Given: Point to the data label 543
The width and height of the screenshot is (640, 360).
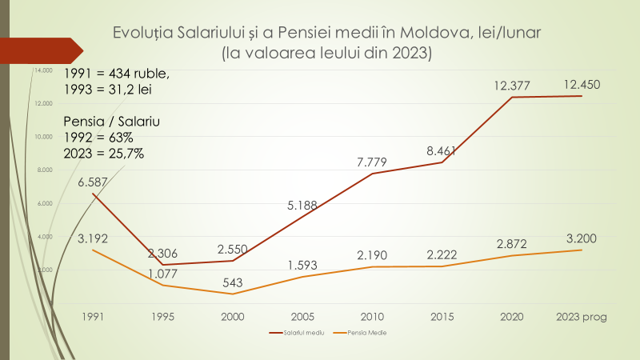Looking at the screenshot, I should pos(232,281).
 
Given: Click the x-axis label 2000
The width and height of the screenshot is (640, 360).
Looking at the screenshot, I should pos(232,316).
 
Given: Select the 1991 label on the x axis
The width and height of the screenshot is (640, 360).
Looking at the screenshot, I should pos(93,316).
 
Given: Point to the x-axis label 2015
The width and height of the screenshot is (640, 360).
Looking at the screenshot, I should pos(441,316).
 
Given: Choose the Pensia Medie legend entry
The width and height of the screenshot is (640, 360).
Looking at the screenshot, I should pos(360,331).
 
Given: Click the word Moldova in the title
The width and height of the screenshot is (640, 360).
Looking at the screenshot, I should pos(427,34).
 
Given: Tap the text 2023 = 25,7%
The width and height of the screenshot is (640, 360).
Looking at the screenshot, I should pos(104,154).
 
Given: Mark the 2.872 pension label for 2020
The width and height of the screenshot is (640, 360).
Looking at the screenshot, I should pos(511,242).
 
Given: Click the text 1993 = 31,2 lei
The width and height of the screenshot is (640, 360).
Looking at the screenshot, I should pos(107,90).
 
